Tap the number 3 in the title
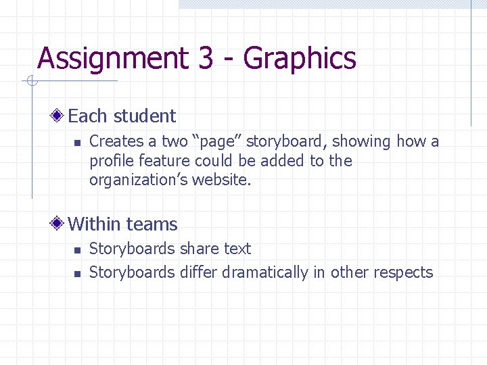206,58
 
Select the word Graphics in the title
300,59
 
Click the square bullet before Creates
77,143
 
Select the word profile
112,161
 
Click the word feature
165,161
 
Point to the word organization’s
139,180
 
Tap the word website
221,180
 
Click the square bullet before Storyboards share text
77,250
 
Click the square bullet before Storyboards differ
77,274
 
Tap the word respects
402,272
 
